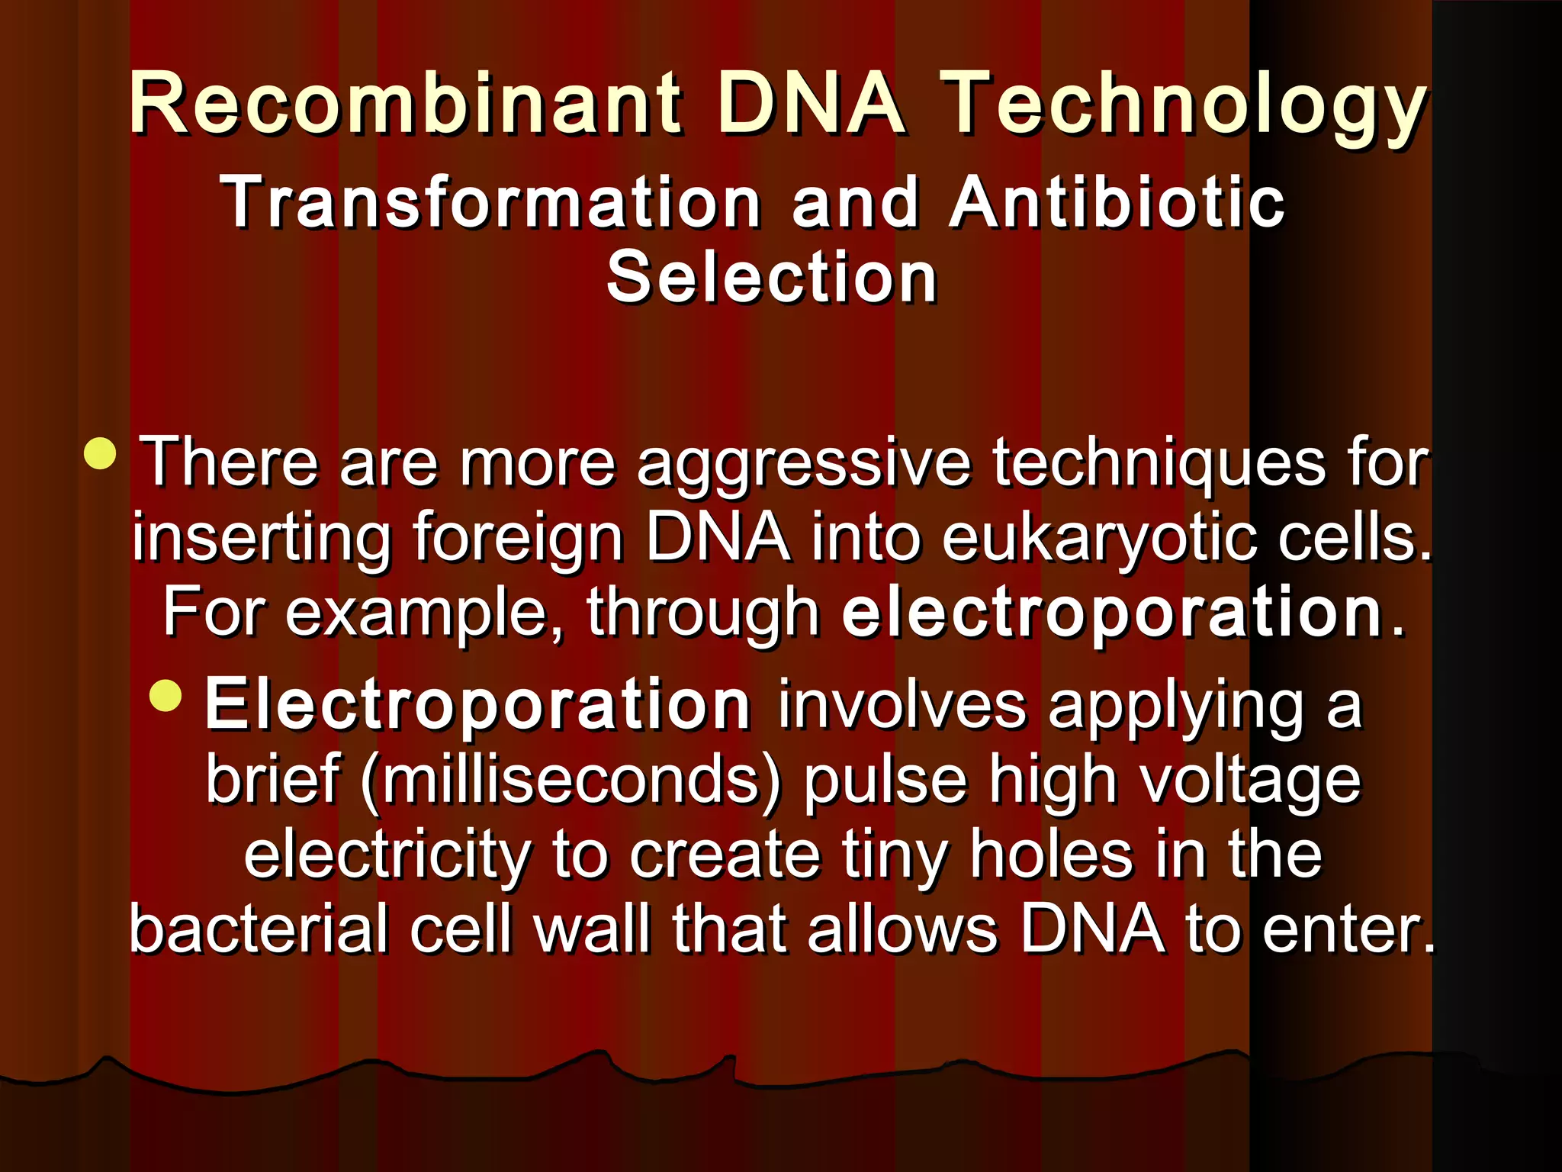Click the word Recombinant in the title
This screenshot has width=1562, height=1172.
coord(405,103)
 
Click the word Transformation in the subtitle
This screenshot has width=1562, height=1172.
coord(491,202)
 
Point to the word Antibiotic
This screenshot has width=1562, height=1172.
coord(1117,202)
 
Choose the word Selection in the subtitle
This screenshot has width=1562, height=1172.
coord(771,278)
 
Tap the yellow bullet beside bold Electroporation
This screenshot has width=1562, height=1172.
coord(166,695)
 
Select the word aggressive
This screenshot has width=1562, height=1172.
coord(804,463)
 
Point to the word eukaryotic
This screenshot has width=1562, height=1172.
coord(1098,538)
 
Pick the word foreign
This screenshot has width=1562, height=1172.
coord(519,538)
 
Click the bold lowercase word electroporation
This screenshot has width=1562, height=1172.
coord(1113,613)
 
